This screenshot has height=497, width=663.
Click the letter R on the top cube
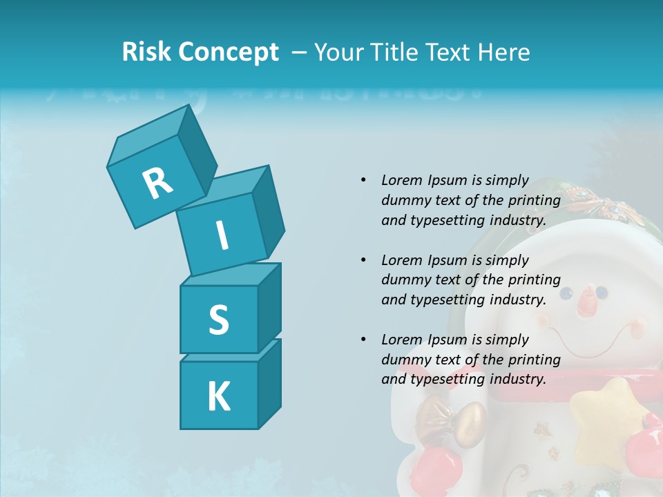pyautogui.click(x=157, y=183)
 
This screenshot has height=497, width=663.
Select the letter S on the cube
pyautogui.click(x=218, y=320)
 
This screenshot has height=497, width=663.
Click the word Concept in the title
pyautogui.click(x=228, y=52)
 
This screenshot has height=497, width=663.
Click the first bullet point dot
pyautogui.click(x=363, y=180)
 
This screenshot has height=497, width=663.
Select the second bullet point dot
pyautogui.click(x=363, y=260)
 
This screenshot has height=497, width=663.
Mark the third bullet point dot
pyautogui.click(x=363, y=340)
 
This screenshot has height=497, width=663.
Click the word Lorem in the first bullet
pyautogui.click(x=401, y=180)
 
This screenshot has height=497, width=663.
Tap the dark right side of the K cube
pyautogui.click(x=269, y=387)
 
